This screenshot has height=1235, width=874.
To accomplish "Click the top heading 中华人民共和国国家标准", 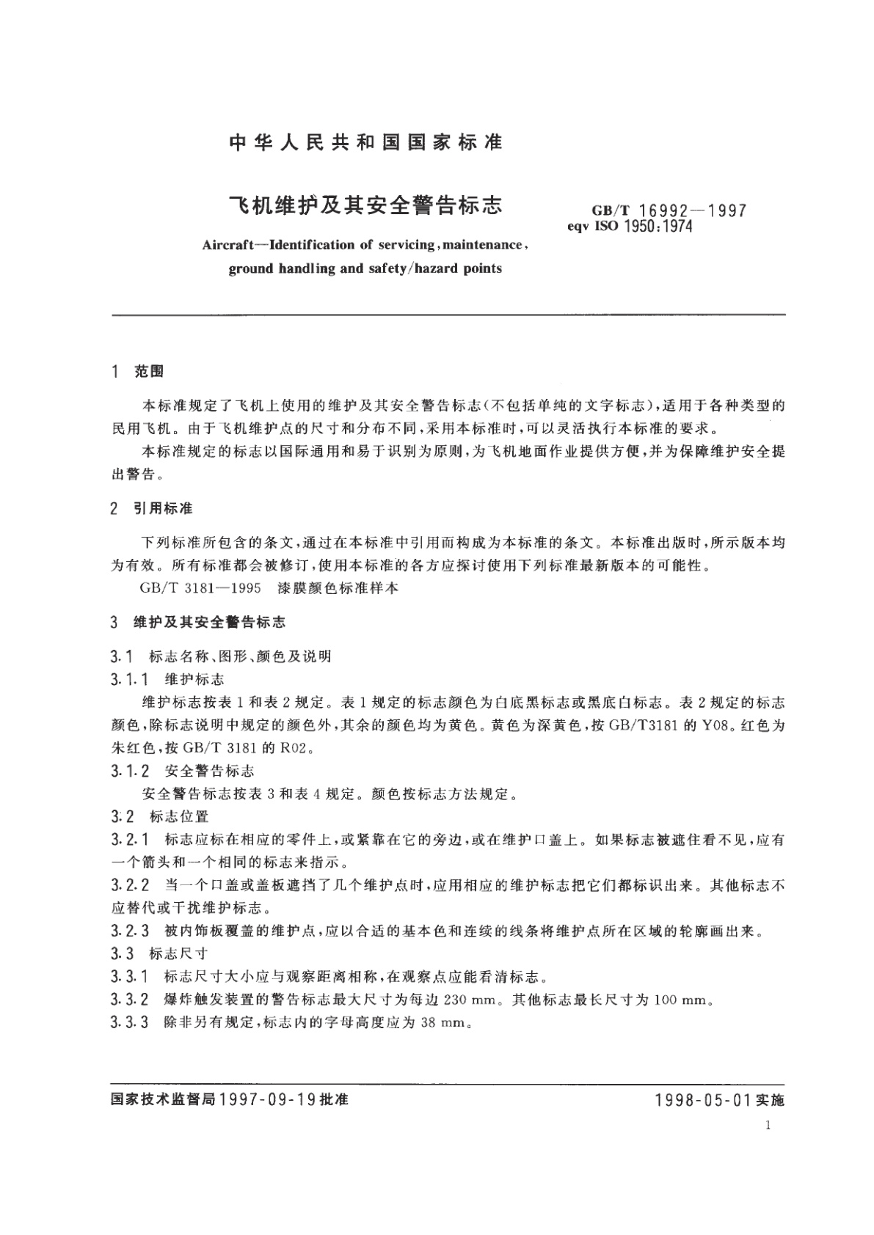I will [x=366, y=142].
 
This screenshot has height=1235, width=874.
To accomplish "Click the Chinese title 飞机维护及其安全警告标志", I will [x=366, y=205].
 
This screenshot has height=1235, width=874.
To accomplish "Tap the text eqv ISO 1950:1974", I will [x=630, y=227].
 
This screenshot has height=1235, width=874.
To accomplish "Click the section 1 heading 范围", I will [x=150, y=373].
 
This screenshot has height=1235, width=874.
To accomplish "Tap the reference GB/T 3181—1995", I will [x=189, y=588].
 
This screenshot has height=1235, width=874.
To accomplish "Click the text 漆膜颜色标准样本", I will [x=328, y=588].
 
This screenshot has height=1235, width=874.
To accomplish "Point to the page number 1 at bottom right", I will [x=766, y=1126].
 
